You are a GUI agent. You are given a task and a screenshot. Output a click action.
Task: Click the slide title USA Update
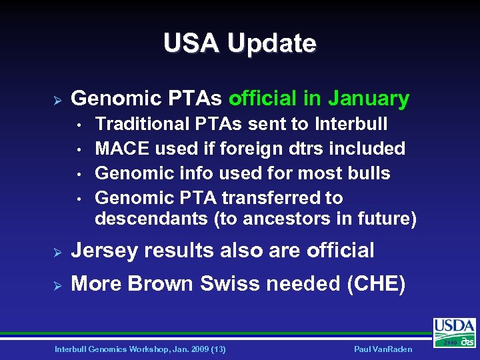(x=239, y=43)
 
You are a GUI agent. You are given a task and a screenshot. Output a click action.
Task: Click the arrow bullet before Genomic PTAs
(x=57, y=99)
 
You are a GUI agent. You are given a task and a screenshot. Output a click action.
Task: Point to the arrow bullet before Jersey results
(x=57, y=251)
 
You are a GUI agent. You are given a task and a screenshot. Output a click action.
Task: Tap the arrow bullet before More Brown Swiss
(x=57, y=285)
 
